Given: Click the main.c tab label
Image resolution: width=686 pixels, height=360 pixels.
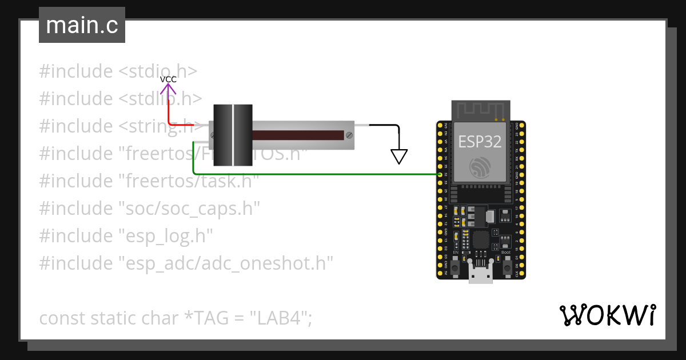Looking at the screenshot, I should coord(82,25).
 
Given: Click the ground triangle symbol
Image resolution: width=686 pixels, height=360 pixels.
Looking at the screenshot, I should coord(399,156).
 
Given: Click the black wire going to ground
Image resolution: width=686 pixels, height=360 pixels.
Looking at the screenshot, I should coord(383,125).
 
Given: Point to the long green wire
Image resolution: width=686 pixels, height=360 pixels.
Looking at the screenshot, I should coord(314,174).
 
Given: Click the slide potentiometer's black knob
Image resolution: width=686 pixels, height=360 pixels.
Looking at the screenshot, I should coord(233,135).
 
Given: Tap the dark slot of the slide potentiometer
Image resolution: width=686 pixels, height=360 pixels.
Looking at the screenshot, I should coord(297,135).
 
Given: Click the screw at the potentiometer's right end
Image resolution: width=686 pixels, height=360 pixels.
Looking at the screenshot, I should coord(348,135).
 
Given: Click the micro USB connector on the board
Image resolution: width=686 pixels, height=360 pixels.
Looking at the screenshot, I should coord(481,273).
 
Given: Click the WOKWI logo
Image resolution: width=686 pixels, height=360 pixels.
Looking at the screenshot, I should coord(607,315).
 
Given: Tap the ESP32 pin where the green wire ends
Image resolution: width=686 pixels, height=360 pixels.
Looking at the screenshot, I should coord(438,174).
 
